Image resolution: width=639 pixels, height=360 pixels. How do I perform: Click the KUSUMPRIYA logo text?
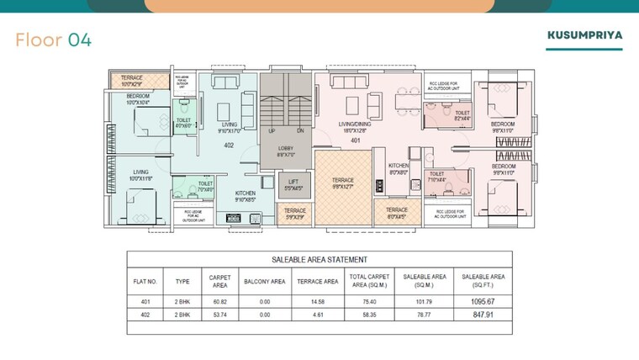[x=584, y=36]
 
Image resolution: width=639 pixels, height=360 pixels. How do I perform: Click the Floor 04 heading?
[x=54, y=40]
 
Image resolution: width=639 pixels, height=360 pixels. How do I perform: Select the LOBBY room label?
[x=286, y=151]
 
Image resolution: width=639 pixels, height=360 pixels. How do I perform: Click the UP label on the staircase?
[x=272, y=131]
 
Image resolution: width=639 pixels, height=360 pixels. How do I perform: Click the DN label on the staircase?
[x=300, y=131]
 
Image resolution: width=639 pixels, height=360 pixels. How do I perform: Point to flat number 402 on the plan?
[x=228, y=146]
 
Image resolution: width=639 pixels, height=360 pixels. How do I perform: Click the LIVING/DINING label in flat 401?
[x=356, y=127]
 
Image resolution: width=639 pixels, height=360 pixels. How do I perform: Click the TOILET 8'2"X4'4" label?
[x=462, y=115]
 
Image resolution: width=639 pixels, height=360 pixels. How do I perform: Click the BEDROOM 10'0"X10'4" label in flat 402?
[x=138, y=99]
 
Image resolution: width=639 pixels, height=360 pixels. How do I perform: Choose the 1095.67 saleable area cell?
[x=483, y=301]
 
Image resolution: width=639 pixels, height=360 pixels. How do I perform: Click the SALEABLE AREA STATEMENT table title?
[x=319, y=260]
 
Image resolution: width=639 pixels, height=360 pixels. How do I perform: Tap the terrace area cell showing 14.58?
[x=318, y=301]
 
